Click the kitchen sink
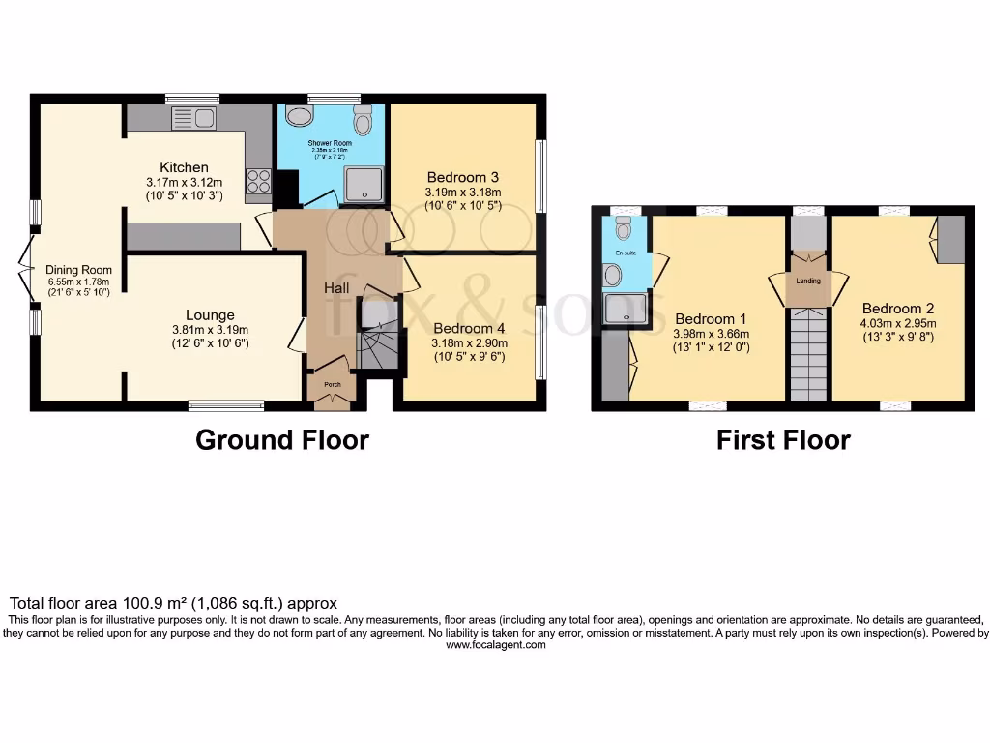tap(193, 118)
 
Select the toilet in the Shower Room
tap(363, 121)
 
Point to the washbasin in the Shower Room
tap(300, 117)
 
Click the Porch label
tap(332, 385)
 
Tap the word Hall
tap(335, 287)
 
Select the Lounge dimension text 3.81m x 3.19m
tap(211, 329)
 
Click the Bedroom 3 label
tap(462, 177)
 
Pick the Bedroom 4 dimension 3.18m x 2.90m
tap(469, 342)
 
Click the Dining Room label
tap(78, 270)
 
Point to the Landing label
tap(808, 281)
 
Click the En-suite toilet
tap(624, 227)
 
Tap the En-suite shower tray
tap(624, 308)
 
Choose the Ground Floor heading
tap(281, 440)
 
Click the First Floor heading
tap(783, 440)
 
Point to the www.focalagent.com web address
tap(495, 645)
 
